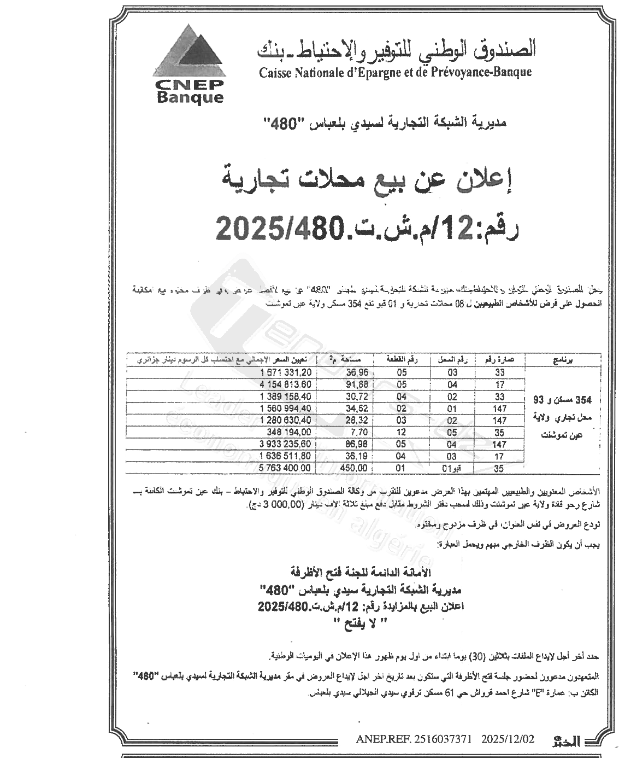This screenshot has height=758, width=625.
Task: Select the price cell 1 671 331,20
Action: click(282, 372)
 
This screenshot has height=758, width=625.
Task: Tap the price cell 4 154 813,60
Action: click(282, 384)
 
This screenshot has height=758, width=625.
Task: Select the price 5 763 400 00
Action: click(282, 468)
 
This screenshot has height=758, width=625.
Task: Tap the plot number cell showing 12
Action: click(401, 432)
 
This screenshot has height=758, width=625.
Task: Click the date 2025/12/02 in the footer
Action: click(508, 739)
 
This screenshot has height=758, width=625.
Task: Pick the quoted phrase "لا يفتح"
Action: click(360, 622)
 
